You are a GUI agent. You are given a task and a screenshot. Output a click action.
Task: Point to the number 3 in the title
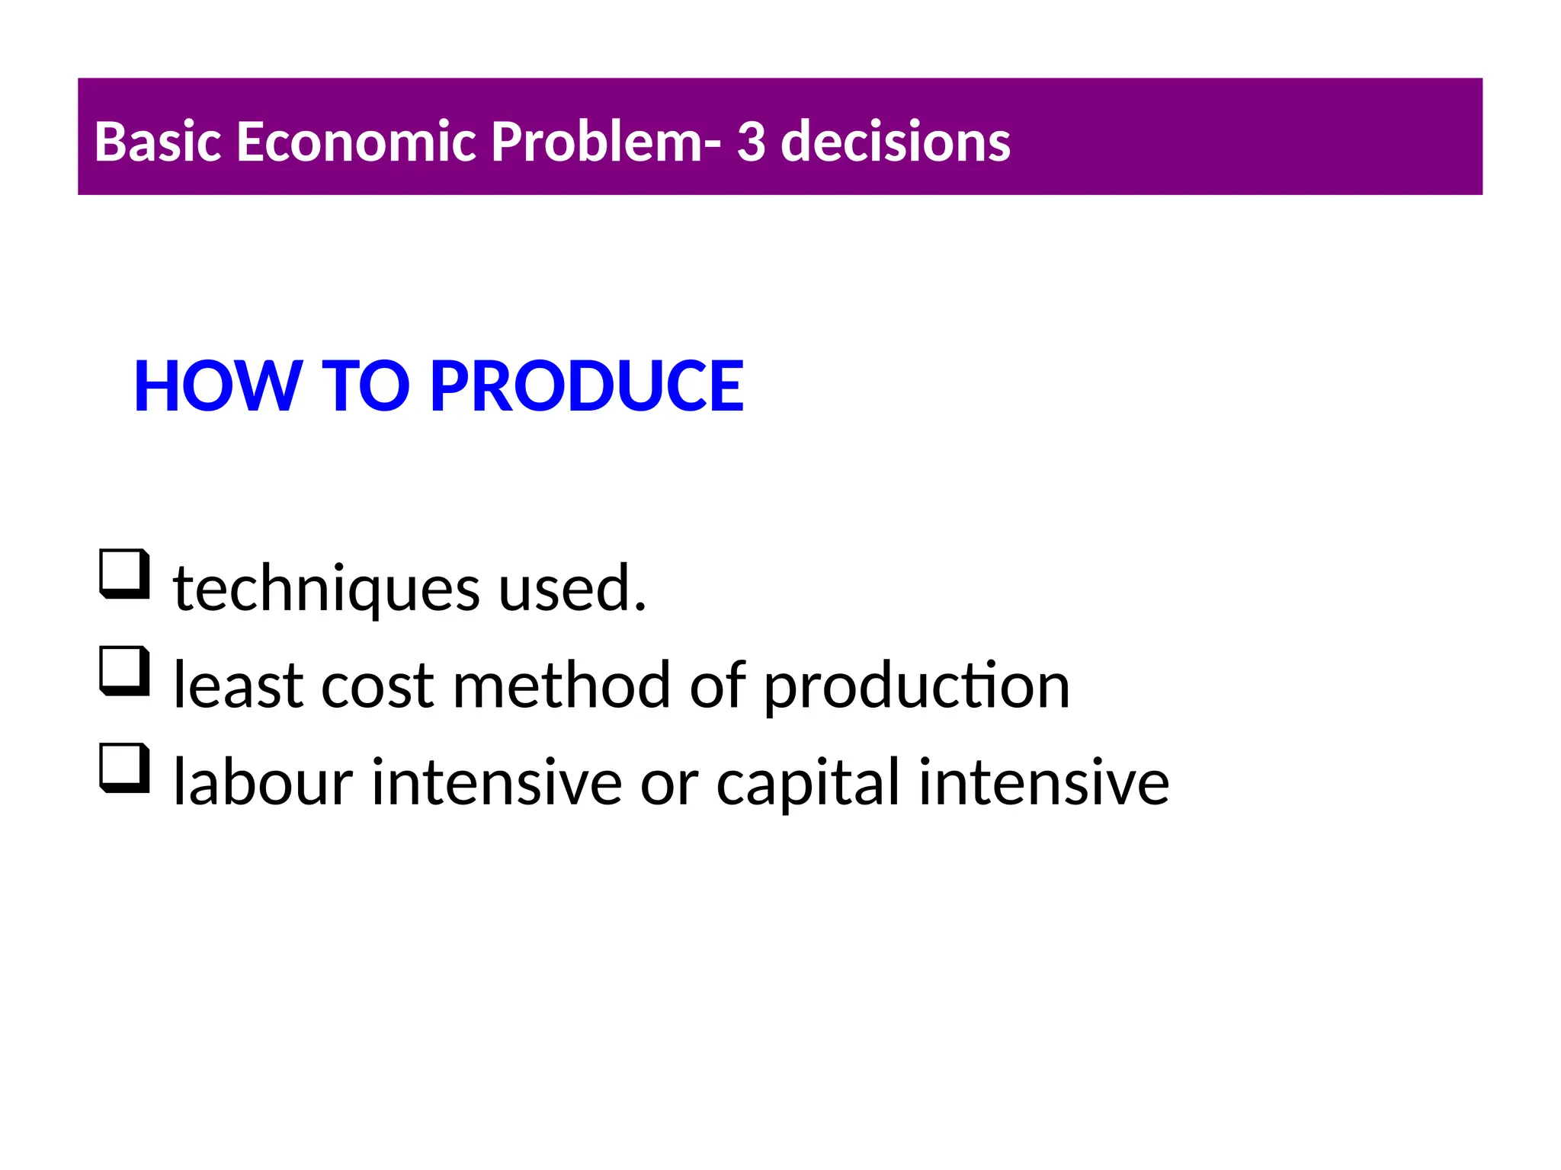click(x=751, y=142)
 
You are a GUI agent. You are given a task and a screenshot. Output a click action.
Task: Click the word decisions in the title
click(x=896, y=142)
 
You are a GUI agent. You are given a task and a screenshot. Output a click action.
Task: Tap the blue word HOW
click(x=217, y=386)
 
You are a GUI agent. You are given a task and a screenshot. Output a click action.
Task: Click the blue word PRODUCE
click(x=587, y=386)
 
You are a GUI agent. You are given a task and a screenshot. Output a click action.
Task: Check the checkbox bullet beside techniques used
click(x=124, y=574)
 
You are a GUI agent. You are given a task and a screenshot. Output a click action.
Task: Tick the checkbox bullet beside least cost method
click(x=124, y=670)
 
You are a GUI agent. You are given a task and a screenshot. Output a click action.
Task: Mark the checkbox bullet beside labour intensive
click(x=124, y=768)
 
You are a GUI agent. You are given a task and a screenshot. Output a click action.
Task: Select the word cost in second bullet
click(x=377, y=686)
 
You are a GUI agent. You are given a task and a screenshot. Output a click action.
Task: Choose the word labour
click(x=263, y=783)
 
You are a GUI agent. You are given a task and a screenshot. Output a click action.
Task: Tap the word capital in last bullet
click(x=808, y=783)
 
